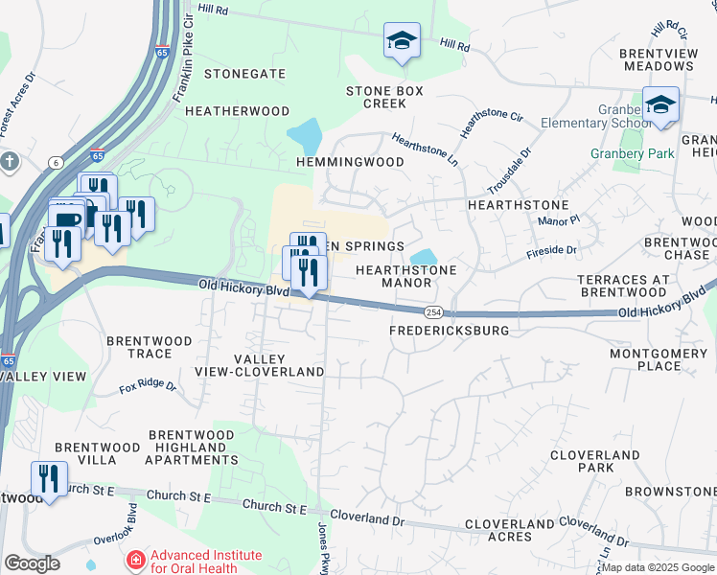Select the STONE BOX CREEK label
pyautogui.click(x=384, y=97)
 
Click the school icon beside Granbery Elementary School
pyautogui.click(x=660, y=105)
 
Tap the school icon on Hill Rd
pyautogui.click(x=402, y=41)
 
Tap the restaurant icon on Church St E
pyautogui.click(x=48, y=478)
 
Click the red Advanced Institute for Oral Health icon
pyautogui.click(x=135, y=559)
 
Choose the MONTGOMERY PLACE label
pyautogui.click(x=659, y=360)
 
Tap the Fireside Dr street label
pyautogui.click(x=551, y=252)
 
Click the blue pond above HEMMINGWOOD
pyautogui.click(x=307, y=135)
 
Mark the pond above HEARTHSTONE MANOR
pyautogui.click(x=423, y=257)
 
